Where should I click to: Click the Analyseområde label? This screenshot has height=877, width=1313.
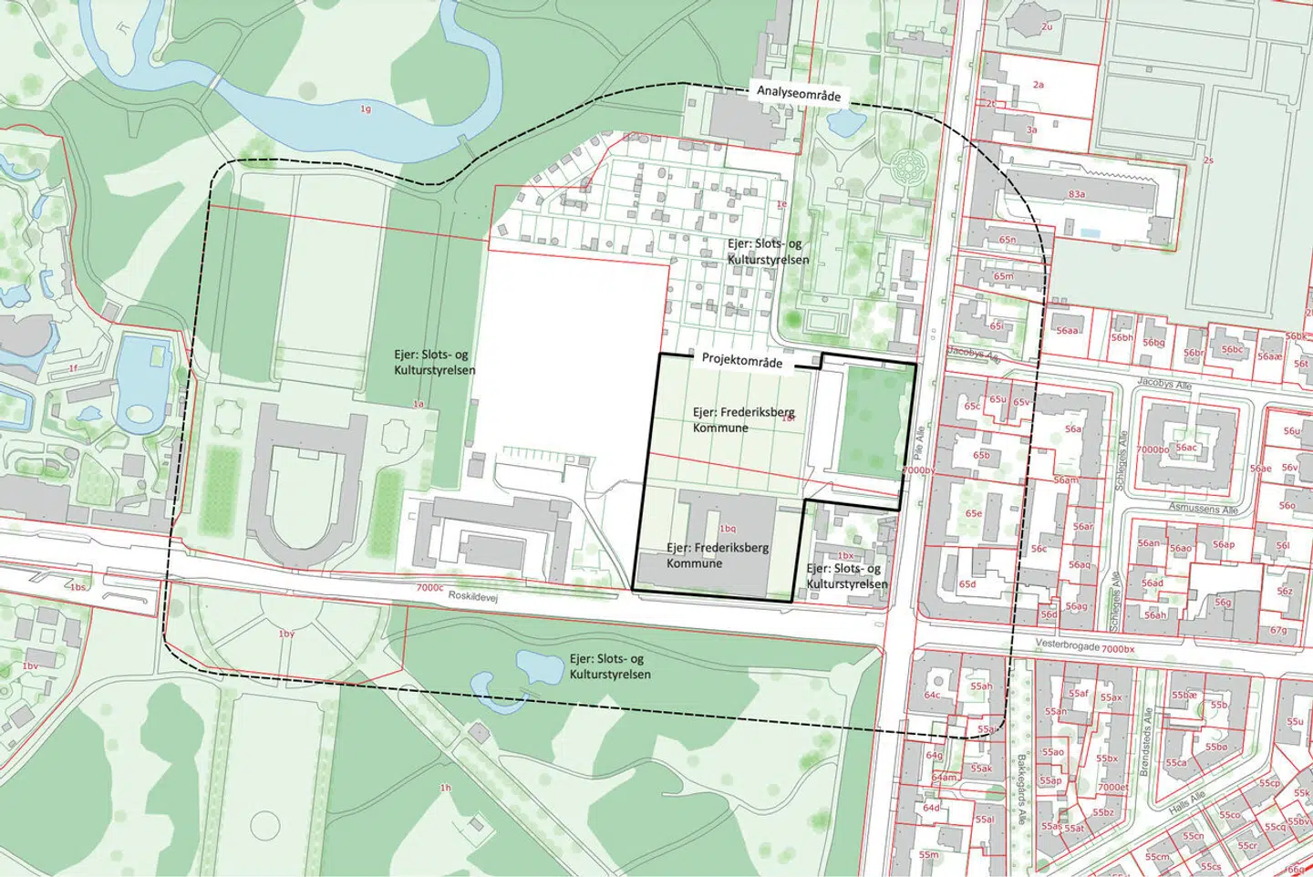799,93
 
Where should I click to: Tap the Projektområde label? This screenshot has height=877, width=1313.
742,361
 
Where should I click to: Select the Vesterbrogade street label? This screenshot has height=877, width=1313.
1067,645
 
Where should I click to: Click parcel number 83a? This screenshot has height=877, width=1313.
1077,194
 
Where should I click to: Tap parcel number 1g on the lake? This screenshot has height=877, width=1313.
366,109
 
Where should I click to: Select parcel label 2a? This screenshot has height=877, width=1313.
1039,85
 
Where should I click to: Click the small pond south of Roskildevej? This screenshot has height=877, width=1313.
539,666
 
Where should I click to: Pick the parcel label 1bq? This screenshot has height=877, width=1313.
727,529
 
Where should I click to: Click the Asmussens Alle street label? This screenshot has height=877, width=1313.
1204,508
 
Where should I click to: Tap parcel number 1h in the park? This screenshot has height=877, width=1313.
446,788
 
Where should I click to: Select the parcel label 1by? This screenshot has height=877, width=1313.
286,634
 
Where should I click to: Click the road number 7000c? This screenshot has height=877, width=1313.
429,588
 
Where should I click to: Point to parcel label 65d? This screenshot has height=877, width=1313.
967,584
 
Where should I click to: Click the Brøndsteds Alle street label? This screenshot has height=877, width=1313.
1146,743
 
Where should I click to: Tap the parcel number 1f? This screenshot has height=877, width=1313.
74,369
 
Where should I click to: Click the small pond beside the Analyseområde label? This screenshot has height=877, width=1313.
843,120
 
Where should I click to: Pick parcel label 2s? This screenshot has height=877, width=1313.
1208,160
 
